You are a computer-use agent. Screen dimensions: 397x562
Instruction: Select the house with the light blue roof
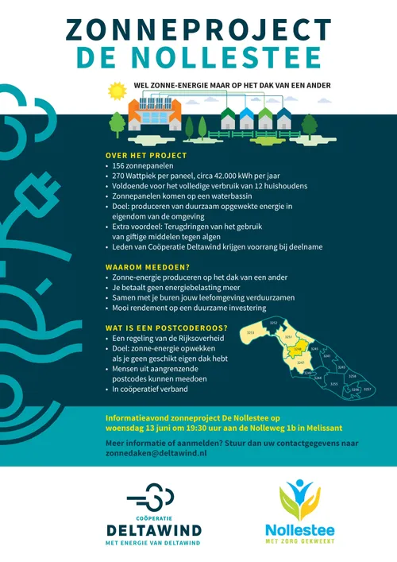coord(246,119)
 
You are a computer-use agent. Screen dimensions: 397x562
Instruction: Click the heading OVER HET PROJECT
coord(146,155)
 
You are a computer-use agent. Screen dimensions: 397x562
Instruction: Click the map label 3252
coord(274,324)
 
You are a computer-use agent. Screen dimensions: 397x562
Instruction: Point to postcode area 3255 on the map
coord(334,384)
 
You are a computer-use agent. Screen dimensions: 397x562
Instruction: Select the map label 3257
coord(368,390)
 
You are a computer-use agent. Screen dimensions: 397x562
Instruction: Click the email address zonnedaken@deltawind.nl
coord(156,452)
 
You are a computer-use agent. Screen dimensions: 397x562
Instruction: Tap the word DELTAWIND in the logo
coord(154,529)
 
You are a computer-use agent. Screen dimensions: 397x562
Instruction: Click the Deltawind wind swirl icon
coord(153,502)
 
